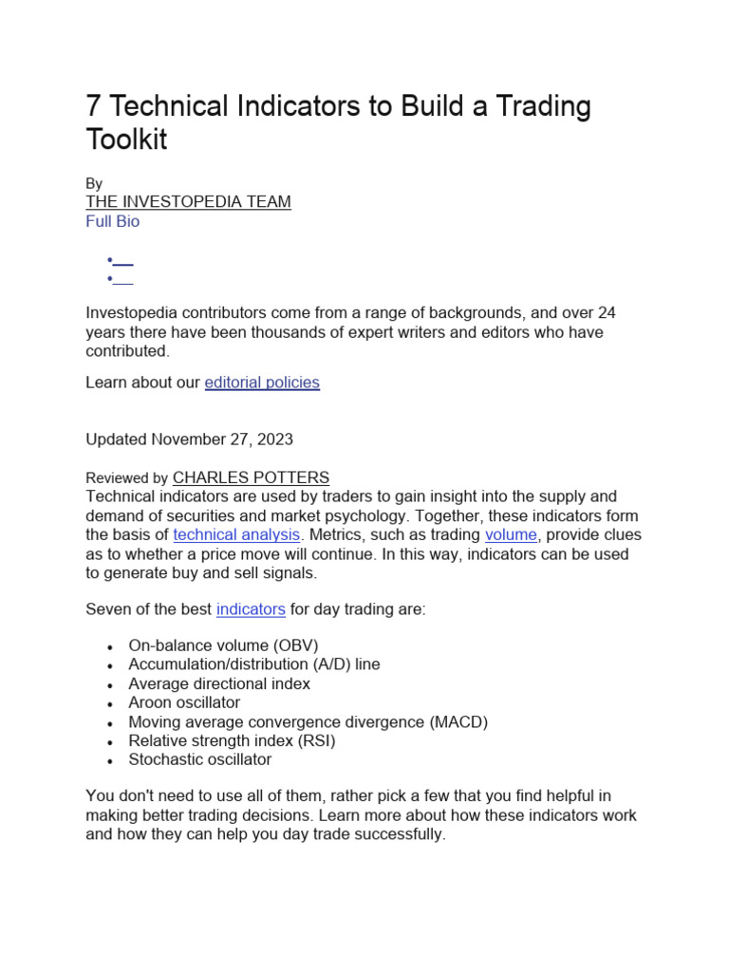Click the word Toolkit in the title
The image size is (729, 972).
[126, 140]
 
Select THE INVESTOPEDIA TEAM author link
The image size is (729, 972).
[188, 201]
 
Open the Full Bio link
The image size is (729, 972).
[112, 221]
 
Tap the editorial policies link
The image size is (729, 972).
[262, 383]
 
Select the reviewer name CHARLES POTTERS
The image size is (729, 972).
[251, 477]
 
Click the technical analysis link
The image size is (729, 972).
[236, 534]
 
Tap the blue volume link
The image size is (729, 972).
[511, 534]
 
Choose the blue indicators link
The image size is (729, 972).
[251, 609]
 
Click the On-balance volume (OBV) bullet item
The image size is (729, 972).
[223, 645]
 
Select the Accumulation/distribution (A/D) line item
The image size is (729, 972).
[253, 664]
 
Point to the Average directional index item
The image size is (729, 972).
[219, 683]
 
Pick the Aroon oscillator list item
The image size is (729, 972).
[184, 702]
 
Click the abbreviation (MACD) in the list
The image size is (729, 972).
[458, 721]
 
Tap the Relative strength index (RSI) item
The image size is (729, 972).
[232, 740]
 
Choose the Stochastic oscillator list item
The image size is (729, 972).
[199, 759]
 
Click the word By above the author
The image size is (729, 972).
[94, 183]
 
